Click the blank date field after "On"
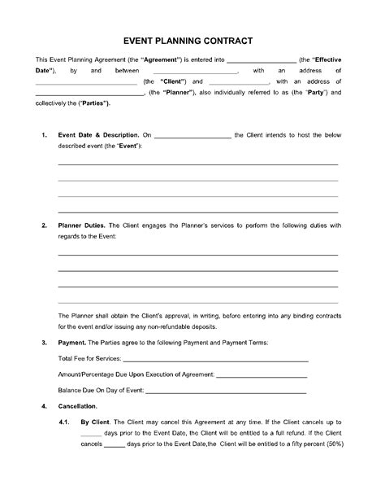tap(192, 135)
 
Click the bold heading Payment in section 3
tap(71, 344)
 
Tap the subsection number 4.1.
tap(64, 423)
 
